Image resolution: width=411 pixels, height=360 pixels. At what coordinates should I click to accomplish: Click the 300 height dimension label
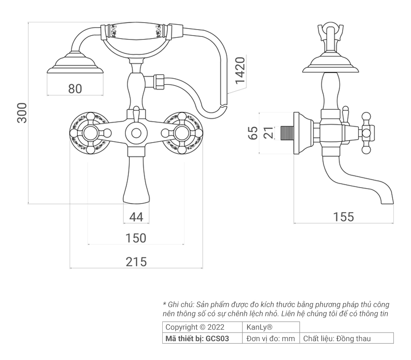[x=22, y=113]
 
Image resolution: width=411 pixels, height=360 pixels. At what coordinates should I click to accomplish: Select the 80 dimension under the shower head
[x=75, y=89]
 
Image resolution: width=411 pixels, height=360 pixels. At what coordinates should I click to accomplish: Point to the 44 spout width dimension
[x=136, y=217]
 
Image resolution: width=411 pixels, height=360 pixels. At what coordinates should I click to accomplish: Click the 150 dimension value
[x=136, y=238]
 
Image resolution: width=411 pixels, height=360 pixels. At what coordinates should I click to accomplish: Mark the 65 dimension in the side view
[x=253, y=133]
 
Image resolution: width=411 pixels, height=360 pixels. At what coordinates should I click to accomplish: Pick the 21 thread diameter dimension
[x=268, y=133]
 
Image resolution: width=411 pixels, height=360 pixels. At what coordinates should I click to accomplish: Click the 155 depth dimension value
[x=343, y=217]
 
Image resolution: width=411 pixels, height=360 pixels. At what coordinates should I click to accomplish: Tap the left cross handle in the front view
[x=91, y=132]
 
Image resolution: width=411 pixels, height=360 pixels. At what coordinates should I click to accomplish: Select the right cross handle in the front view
[x=182, y=132]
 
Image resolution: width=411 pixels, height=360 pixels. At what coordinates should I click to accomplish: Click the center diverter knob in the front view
[x=136, y=132]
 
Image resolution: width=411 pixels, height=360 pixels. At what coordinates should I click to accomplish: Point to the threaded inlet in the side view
[x=286, y=133]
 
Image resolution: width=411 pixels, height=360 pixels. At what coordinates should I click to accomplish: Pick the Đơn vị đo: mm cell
[x=271, y=339]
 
